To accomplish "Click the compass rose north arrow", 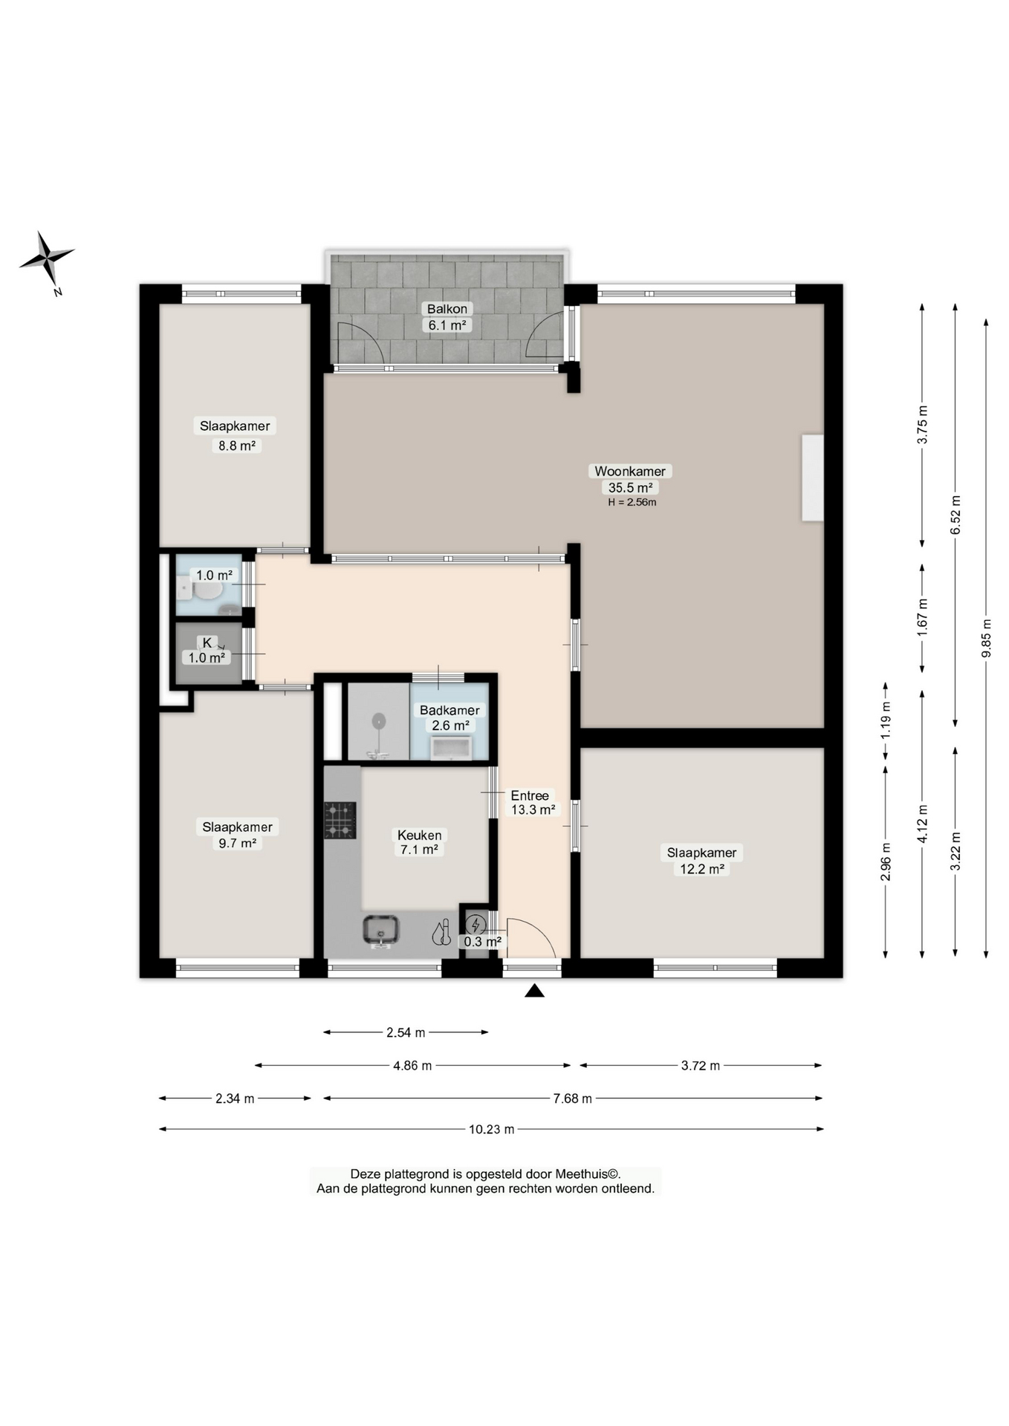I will point(47,258).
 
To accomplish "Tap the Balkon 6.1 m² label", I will point(447,317).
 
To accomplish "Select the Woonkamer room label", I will point(630,471).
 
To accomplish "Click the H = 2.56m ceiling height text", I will point(632,502).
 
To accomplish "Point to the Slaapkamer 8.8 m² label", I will point(236,435).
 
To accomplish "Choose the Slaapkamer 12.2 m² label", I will point(701,861).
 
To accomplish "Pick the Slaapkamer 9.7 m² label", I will point(237,834).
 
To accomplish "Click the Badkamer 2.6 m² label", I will point(450,717).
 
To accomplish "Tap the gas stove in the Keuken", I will point(340,820).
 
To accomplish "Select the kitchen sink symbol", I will point(381,930).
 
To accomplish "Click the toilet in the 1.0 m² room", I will point(205,591).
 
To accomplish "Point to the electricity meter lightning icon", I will point(476,925).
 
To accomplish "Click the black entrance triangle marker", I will point(534,991).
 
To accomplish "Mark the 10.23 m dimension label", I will point(491,1129).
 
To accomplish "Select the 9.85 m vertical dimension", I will point(986,638).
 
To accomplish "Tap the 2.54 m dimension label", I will point(406,1032).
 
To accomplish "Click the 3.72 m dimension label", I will point(700,1066).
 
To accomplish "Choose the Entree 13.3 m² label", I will point(531,802).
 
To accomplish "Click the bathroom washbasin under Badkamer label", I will point(451,748).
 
